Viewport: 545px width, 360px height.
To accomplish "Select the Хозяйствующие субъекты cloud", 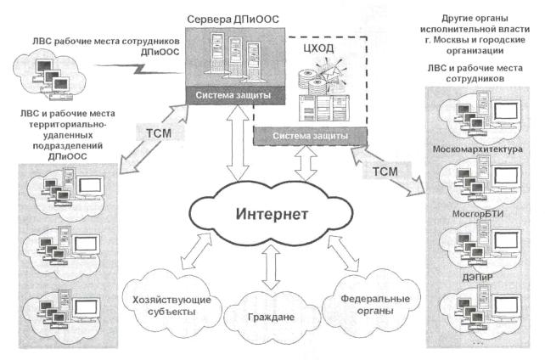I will point(166,305).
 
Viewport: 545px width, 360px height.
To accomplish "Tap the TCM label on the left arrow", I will point(161,133).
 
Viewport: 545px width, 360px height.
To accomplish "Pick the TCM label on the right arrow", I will point(384,172).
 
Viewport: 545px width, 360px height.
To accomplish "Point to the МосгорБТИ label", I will point(480,215).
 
